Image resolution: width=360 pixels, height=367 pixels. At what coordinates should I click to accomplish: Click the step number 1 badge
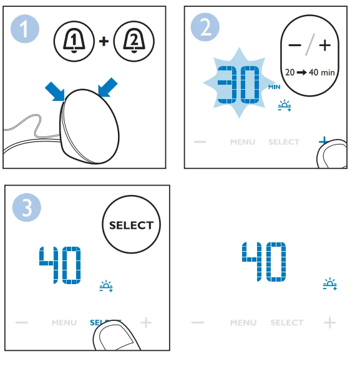[25, 29]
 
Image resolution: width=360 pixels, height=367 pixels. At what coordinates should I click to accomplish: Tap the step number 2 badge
[205, 27]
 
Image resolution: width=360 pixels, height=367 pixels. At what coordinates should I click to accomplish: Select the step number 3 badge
[26, 207]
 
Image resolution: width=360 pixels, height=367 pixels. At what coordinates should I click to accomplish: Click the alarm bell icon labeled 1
[74, 41]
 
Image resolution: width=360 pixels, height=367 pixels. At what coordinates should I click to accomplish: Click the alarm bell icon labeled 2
[134, 41]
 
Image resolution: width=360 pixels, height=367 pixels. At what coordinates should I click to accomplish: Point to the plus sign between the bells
[104, 41]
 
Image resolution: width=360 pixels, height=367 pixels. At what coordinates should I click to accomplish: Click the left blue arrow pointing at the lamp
[55, 92]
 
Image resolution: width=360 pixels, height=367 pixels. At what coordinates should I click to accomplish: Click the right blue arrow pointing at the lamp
[107, 87]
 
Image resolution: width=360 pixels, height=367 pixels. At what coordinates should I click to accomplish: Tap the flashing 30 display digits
[238, 85]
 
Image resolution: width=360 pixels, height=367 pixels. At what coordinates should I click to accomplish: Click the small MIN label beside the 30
[275, 87]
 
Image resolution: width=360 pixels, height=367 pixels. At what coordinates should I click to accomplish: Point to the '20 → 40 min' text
[310, 72]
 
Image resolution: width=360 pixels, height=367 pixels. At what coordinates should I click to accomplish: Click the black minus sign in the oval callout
[295, 45]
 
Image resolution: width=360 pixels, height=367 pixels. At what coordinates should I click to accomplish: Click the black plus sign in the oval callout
[325, 45]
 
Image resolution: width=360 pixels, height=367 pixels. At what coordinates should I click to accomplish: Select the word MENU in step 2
[243, 142]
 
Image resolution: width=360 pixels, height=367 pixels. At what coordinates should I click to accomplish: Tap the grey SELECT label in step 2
[284, 142]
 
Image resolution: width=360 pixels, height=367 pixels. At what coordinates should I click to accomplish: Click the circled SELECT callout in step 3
[131, 224]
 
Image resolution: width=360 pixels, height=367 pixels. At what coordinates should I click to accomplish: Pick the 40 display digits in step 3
[60, 265]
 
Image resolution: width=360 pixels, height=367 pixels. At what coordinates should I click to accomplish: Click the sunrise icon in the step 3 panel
[106, 286]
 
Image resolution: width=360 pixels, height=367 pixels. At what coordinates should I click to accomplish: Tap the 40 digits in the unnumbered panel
[264, 262]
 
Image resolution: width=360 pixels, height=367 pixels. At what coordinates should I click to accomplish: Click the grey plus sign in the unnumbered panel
[330, 323]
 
